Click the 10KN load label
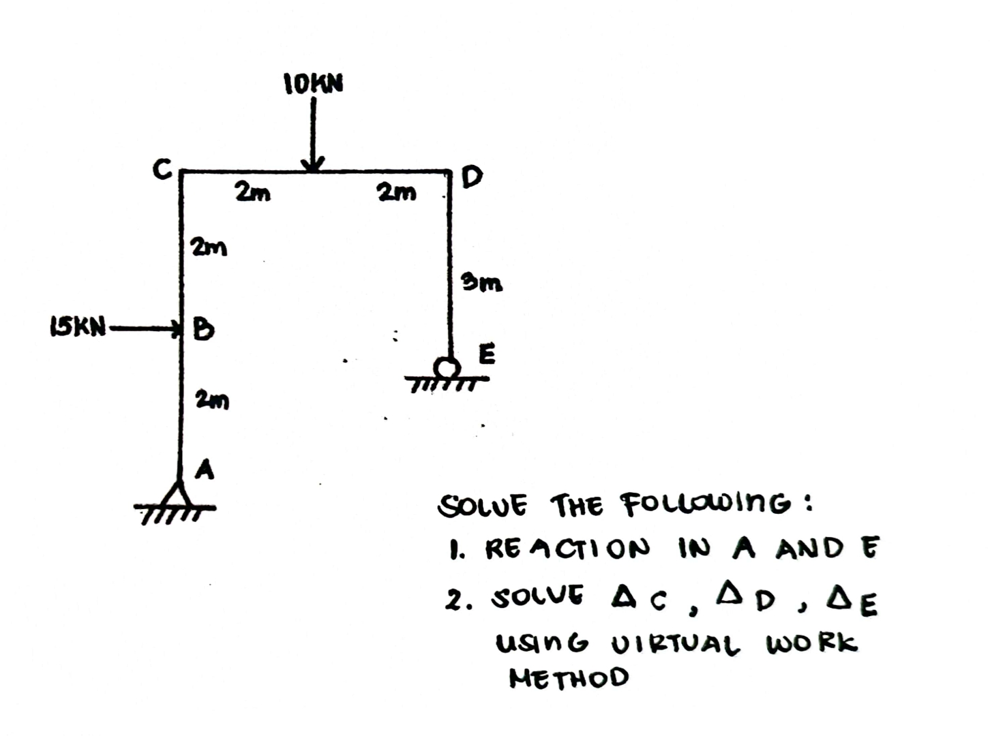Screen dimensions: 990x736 tap(314, 84)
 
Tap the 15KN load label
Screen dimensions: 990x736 tap(78, 328)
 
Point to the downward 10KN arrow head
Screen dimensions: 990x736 tap(313, 164)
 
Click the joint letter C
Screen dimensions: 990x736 tap(161, 169)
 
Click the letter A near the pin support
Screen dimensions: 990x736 tap(204, 470)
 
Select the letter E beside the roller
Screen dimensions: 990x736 tap(487, 354)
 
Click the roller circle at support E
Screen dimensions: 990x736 tap(447, 368)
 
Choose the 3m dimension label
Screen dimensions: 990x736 tap(482, 281)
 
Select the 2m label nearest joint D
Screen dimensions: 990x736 tap(396, 194)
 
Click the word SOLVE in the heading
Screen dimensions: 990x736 tap(483, 506)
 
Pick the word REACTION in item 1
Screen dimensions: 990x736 tap(567, 549)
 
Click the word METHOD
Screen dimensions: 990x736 tap(569, 677)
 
